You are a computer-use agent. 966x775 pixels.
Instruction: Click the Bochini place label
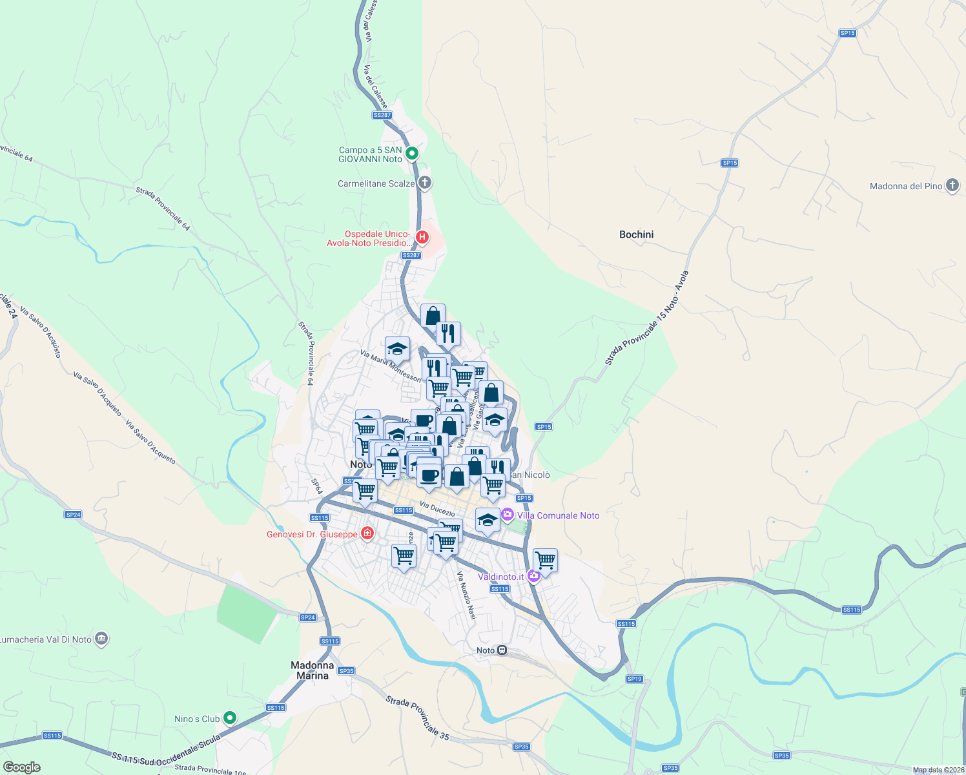pyautogui.click(x=636, y=234)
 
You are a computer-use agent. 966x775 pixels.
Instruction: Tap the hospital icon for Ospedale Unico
pyautogui.click(x=422, y=238)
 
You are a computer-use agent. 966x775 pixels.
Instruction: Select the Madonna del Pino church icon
pyautogui.click(x=952, y=186)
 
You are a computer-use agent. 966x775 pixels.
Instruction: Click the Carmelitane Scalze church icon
pyautogui.click(x=424, y=183)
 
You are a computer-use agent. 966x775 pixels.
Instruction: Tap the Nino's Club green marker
pyautogui.click(x=230, y=718)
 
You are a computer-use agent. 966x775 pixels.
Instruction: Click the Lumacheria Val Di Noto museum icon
pyautogui.click(x=101, y=639)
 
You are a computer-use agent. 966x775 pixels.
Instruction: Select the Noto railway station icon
pyautogui.click(x=502, y=650)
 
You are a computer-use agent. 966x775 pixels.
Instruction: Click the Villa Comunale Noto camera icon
pyautogui.click(x=507, y=515)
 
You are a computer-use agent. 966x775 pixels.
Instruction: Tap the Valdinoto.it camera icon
pyautogui.click(x=533, y=576)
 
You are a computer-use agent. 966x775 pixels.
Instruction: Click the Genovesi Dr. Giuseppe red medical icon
pyautogui.click(x=367, y=533)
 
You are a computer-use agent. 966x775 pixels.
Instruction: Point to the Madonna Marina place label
pyautogui.click(x=313, y=670)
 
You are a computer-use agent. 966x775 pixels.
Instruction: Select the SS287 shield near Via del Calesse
pyautogui.click(x=382, y=115)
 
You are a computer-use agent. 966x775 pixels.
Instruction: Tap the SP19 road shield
pyautogui.click(x=634, y=679)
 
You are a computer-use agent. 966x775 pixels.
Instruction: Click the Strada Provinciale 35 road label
pyautogui.click(x=417, y=718)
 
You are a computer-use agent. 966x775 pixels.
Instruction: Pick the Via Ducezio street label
pyautogui.click(x=437, y=509)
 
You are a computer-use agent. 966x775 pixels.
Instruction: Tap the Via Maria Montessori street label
pyautogui.click(x=391, y=366)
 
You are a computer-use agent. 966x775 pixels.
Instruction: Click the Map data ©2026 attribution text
pyautogui.click(x=938, y=770)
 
